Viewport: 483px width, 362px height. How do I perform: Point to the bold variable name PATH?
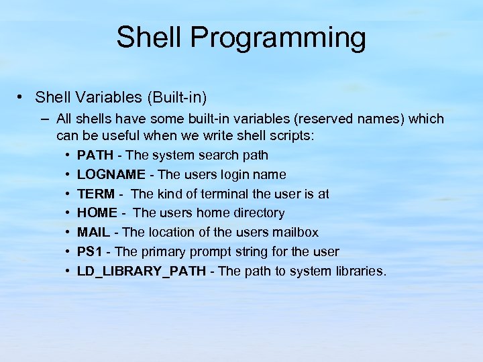point(95,155)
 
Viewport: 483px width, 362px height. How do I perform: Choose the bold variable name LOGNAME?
point(111,174)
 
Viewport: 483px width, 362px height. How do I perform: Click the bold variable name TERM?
point(96,194)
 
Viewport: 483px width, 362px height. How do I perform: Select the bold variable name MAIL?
point(94,233)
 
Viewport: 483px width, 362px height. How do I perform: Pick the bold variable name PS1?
point(90,252)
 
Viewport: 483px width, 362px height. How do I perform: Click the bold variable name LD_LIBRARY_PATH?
point(142,271)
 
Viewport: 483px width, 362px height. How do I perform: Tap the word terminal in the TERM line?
point(221,194)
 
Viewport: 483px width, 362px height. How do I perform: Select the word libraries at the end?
point(360,271)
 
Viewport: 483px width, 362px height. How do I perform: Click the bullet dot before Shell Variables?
point(21,97)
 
